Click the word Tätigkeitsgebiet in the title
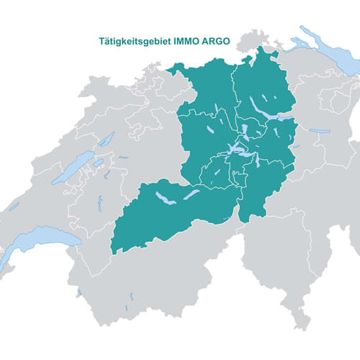pos(133,42)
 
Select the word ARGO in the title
pos(215,42)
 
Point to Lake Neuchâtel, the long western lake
pos(75,167)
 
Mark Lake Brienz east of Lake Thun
pos(190,194)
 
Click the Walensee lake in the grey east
pos(318,131)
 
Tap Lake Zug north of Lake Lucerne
pos(245,132)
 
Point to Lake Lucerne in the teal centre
pos(238,151)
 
